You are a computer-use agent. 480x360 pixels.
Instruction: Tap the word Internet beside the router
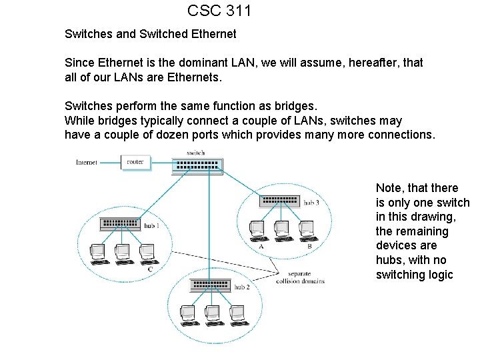pyautogui.click(x=87, y=162)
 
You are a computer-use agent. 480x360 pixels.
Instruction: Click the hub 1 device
pyautogui.click(x=120, y=225)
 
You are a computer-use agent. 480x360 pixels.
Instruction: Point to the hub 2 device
pyautogui.click(x=210, y=285)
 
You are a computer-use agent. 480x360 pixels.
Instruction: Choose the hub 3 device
pyautogui.click(x=280, y=200)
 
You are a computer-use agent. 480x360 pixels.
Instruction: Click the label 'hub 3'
pyautogui.click(x=311, y=202)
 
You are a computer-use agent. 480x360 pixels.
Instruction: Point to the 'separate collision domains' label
pyautogui.click(x=300, y=277)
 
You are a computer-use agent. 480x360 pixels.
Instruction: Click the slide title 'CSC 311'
pyautogui.click(x=219, y=11)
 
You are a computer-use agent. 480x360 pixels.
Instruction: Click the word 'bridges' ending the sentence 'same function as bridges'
pyautogui.click(x=298, y=106)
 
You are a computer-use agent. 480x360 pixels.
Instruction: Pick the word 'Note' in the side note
pyautogui.click(x=389, y=188)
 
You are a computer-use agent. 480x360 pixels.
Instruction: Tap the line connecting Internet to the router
pyautogui.click(x=111, y=162)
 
